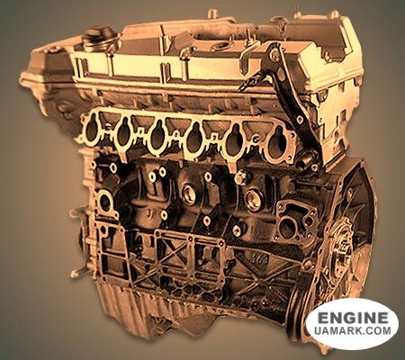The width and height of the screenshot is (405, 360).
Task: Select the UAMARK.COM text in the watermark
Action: [x=353, y=330]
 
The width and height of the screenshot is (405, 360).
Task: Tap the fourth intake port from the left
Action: [x=194, y=138]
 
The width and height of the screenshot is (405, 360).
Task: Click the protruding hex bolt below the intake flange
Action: [x=240, y=178]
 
